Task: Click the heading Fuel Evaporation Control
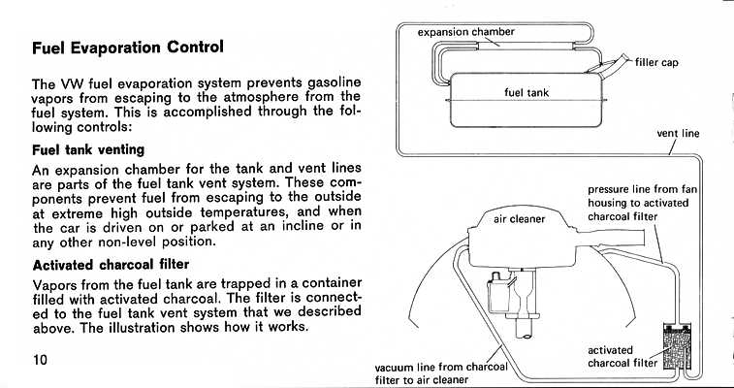coord(128,47)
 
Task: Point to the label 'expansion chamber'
coord(465,31)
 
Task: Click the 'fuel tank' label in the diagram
coord(527,93)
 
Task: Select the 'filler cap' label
coord(656,63)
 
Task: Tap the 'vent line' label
coord(678,134)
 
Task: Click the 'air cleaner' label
coord(520,219)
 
